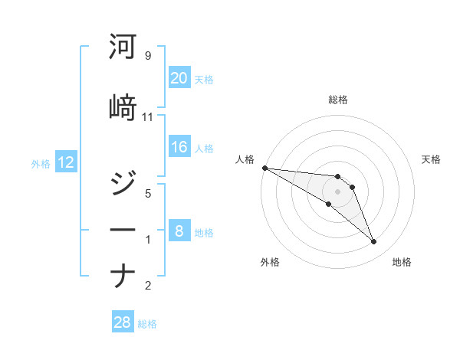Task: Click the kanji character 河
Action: [123, 47]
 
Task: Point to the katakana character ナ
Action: [123, 275]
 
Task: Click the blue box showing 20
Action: [179, 78]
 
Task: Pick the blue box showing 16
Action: [179, 148]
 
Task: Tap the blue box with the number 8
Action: [179, 231]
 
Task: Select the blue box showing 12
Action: [65, 162]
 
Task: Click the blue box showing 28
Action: [122, 322]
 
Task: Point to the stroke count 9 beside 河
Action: [147, 56]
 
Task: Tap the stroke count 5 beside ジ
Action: [147, 194]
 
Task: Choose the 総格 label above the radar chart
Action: [337, 100]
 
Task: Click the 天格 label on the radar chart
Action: [432, 159]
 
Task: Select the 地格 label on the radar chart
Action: [402, 262]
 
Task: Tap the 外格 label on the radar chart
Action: [270, 262]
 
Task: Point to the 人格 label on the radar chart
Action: [245, 159]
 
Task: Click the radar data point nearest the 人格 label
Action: [264, 168]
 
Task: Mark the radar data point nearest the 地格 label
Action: [373, 242]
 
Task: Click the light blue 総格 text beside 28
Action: [147, 324]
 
